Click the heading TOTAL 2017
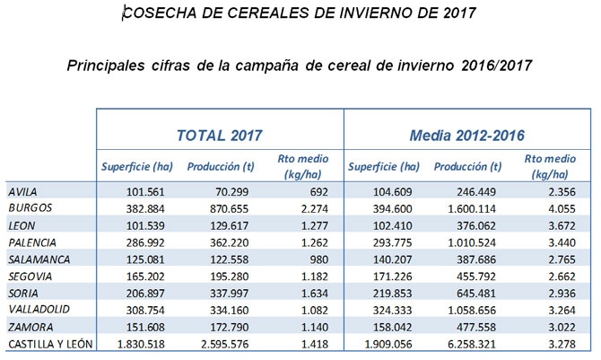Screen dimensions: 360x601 pos(219,136)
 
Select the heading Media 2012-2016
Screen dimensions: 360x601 pos(466,136)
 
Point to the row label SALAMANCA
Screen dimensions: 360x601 pos(35,258)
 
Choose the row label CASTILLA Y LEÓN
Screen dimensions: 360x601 pos(48,343)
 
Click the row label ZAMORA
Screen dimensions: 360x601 pos(28,326)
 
